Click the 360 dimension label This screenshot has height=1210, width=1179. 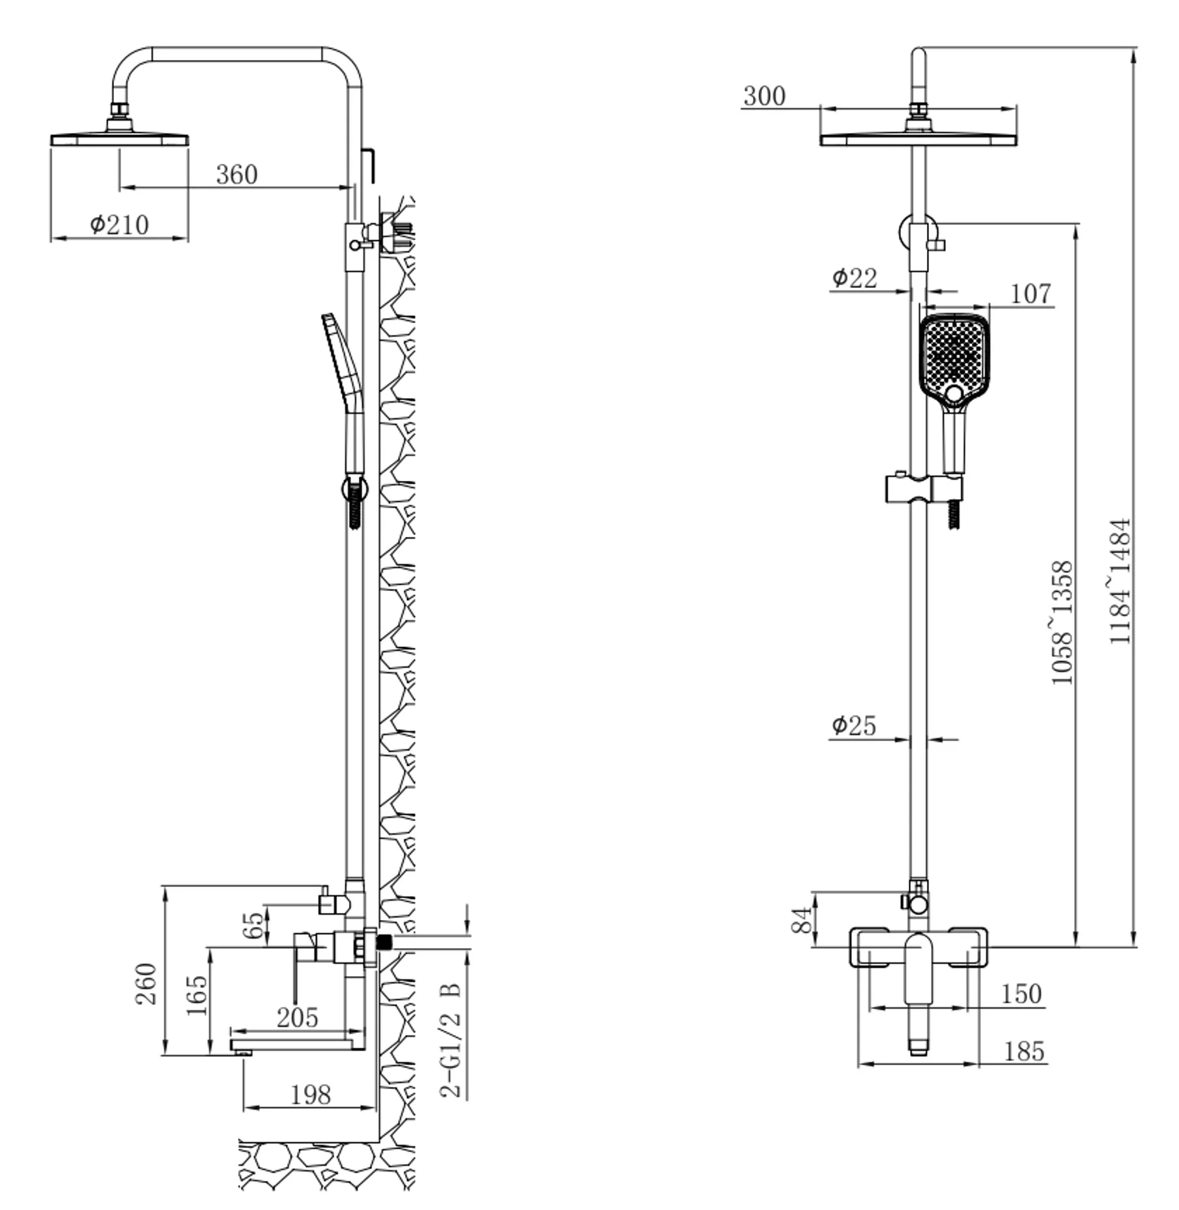(236, 175)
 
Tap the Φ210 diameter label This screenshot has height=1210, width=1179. (119, 225)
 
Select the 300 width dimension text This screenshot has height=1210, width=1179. (764, 96)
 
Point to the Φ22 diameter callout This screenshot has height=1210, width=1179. (855, 278)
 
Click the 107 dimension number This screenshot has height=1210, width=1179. (1030, 294)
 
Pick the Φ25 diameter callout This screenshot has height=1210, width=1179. (854, 726)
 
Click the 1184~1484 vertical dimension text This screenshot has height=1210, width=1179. (1120, 581)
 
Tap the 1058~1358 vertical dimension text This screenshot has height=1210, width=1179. (1062, 623)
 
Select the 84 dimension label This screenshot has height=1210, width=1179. (802, 920)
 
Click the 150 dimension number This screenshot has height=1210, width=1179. (1021, 994)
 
